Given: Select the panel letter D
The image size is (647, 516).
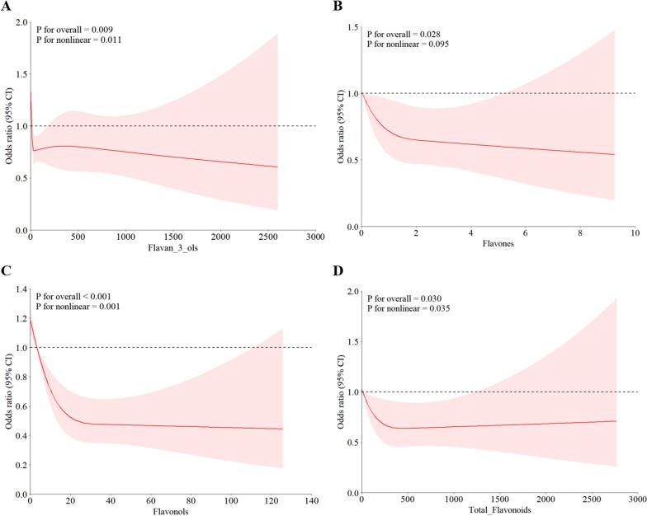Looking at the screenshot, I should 337,270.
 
